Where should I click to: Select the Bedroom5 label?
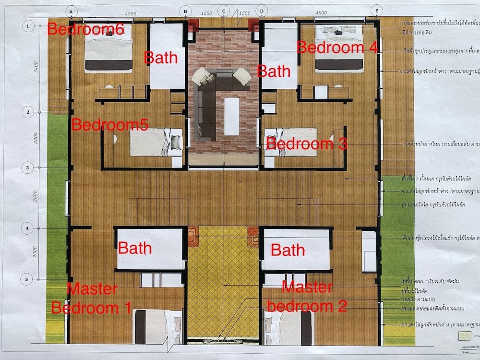(109, 125)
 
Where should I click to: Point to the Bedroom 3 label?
(306, 144)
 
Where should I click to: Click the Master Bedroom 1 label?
(91, 299)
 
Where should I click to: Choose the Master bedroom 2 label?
(307, 297)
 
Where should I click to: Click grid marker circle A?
(71, 11)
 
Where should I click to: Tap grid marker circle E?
(377, 11)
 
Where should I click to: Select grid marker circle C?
(224, 11)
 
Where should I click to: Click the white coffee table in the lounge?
(232, 116)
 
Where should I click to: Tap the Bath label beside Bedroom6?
(161, 58)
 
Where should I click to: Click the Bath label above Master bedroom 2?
(288, 250)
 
